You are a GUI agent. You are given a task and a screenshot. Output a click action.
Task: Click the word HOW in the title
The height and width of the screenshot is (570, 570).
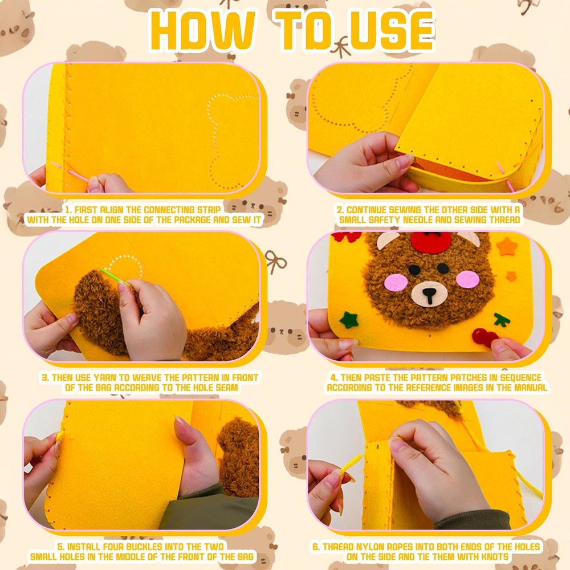tap(202, 30)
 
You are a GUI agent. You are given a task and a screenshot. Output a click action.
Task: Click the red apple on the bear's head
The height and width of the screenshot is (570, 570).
tap(431, 241)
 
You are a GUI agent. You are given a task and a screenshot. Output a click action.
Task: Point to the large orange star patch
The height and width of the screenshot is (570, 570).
tap(507, 246)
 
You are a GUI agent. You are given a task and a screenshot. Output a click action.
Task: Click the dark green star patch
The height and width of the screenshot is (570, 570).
tap(349, 320)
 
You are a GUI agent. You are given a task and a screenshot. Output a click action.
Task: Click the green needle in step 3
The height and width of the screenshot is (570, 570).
tap(115, 277)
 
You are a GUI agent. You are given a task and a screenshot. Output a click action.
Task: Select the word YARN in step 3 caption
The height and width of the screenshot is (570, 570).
tap(106, 377)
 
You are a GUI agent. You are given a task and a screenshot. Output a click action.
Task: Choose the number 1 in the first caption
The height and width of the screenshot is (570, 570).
tap(68, 209)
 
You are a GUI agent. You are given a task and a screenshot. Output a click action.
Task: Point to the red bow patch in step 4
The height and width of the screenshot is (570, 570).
tap(346, 237)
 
